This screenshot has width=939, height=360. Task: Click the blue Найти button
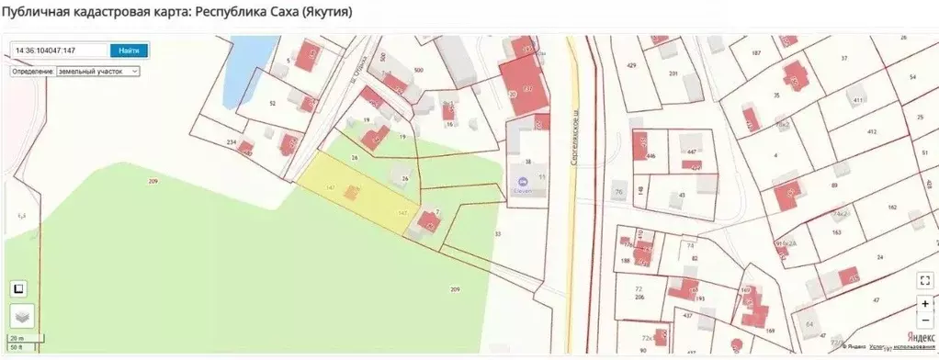[x=129, y=51]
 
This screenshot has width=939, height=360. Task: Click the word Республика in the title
[x=234, y=13]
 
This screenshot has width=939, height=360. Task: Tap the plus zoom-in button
[x=924, y=302]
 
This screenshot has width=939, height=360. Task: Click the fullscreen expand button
[x=924, y=280]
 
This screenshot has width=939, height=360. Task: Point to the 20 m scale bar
[x=18, y=342]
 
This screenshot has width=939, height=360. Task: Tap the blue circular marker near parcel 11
[x=523, y=181]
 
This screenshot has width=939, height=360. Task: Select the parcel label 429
[x=631, y=66]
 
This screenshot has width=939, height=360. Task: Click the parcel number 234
[x=231, y=142]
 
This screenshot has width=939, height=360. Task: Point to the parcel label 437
[x=686, y=315]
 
